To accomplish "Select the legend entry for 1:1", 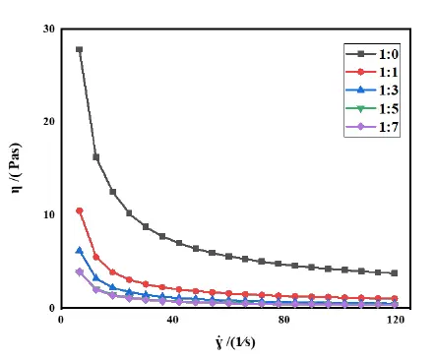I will (x=376, y=72).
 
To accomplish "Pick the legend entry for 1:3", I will (x=376, y=93).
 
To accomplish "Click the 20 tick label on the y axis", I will (x=46, y=121).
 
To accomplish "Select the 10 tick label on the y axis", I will (x=46, y=214).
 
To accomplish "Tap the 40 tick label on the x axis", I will (x=172, y=321).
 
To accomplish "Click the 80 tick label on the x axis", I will (x=283, y=321).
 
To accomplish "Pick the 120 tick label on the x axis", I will (x=395, y=321).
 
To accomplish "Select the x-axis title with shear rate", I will (x=228, y=344).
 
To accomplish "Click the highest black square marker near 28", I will (x=79, y=49).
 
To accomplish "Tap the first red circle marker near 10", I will (x=79, y=210).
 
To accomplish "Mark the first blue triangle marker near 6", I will (x=79, y=250).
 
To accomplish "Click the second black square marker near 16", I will (x=95, y=156).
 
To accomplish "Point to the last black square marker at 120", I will (x=395, y=273).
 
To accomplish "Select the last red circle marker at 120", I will (x=395, y=298).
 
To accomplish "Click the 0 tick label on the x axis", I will (x=61, y=321).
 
